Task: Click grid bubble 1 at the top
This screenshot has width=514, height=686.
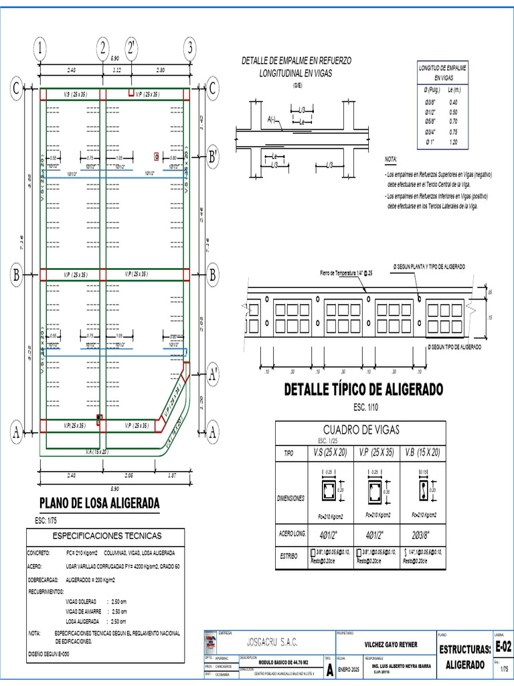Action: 40,48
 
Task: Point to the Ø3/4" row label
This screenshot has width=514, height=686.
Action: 432,132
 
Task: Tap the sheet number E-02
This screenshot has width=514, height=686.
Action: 503,646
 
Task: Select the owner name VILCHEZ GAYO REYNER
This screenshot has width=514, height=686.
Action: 390,644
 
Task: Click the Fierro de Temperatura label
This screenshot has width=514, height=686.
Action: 346,274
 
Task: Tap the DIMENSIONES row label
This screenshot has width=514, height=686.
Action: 290,498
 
